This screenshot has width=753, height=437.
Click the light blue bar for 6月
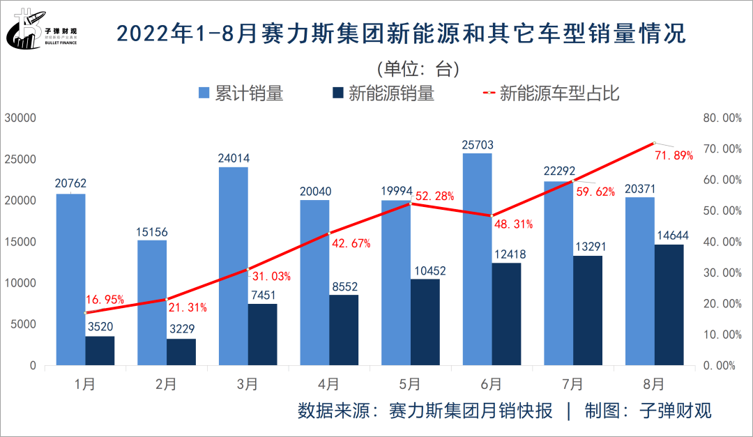pyautogui.click(x=477, y=259)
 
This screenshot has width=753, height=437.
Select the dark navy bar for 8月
pyautogui.click(x=669, y=305)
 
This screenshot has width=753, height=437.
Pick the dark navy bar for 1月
pyautogui.click(x=100, y=351)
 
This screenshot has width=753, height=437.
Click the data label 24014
pyautogui.click(x=233, y=158)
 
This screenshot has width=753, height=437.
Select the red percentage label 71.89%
pyautogui.click(x=674, y=155)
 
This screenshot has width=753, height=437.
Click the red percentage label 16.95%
pyautogui.click(x=105, y=300)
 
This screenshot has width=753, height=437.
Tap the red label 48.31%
pyautogui.click(x=513, y=224)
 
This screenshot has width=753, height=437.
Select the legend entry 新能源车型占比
pyautogui.click(x=551, y=93)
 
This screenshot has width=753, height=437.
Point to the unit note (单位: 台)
pyautogui.click(x=417, y=69)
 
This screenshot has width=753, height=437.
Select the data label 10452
pyautogui.click(x=425, y=270)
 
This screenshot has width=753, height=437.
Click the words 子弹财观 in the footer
pyautogui.click(x=676, y=411)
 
